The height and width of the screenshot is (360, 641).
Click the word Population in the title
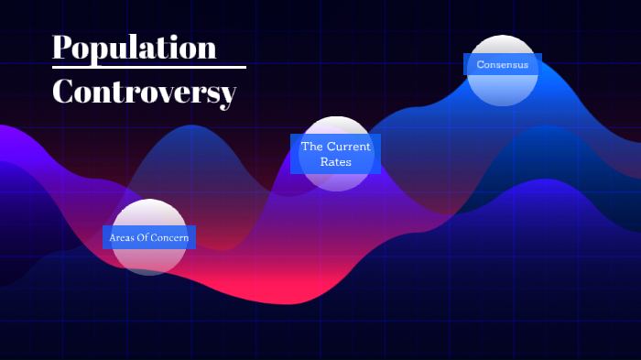tap(135, 47)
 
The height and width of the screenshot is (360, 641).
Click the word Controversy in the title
tap(144, 92)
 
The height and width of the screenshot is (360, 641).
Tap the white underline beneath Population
tap(149, 67)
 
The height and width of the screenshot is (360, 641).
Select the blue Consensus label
tap(502, 64)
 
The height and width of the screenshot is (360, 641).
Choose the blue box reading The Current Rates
tap(335, 154)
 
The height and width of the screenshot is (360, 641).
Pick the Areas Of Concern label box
tap(148, 237)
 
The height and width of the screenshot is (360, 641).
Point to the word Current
tap(350, 147)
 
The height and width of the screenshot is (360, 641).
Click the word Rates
tap(336, 162)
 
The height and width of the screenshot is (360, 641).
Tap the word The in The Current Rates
tap(313, 147)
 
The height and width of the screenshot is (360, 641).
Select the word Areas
tap(121, 238)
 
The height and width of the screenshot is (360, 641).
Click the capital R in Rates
tap(324, 162)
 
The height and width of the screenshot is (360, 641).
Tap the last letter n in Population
tap(206, 49)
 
